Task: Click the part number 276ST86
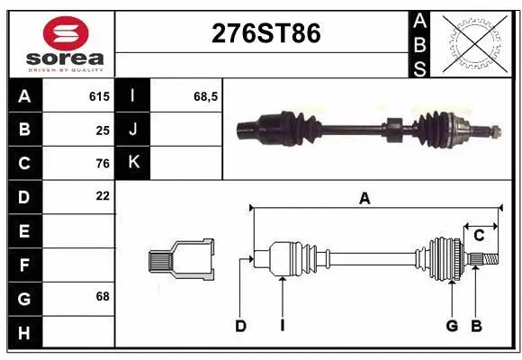tap(265, 34)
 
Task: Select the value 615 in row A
tap(99, 95)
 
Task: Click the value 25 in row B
tap(102, 130)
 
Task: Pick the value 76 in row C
tap(102, 164)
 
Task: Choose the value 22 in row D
tap(102, 195)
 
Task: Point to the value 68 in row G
tap(102, 295)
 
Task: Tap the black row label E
tap(24, 231)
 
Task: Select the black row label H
tap(24, 333)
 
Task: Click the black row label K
tap(134, 163)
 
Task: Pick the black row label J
tap(134, 130)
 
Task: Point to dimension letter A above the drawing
tap(364, 199)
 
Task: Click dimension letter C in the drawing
tap(479, 235)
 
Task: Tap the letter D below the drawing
tap(240, 326)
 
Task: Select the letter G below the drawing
tap(452, 326)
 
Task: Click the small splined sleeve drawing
tap(181, 260)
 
